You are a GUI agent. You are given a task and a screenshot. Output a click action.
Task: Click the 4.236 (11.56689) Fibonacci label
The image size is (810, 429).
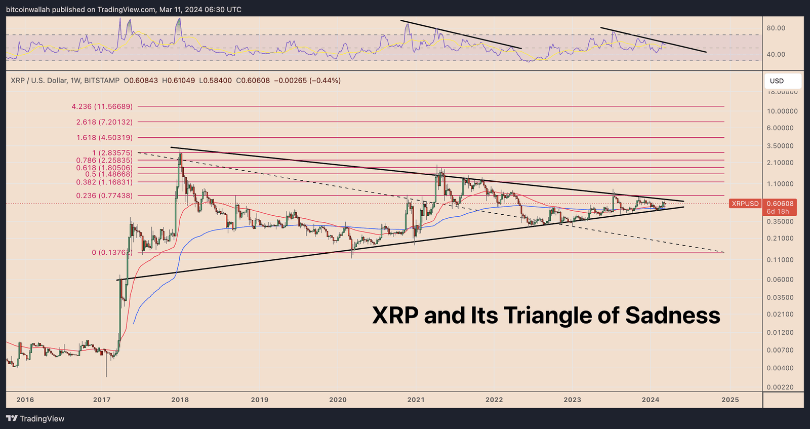click(102, 106)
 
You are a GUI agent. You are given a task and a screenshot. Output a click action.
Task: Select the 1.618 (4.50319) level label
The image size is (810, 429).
click(104, 137)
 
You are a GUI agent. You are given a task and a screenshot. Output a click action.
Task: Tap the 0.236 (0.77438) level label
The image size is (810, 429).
click(104, 195)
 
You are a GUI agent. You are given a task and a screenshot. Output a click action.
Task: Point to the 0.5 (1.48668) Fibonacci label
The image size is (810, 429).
click(108, 174)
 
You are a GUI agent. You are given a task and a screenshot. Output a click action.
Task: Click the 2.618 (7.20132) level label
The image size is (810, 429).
click(104, 122)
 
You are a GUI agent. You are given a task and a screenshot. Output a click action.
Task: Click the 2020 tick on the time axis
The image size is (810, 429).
click(338, 400)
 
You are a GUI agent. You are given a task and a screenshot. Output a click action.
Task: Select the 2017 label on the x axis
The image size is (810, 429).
click(102, 400)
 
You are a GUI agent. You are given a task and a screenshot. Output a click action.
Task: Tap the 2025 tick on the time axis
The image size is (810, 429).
click(730, 400)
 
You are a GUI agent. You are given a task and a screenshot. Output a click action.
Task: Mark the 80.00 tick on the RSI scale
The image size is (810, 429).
click(776, 28)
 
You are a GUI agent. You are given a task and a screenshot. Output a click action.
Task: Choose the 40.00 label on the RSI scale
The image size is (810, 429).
click(776, 54)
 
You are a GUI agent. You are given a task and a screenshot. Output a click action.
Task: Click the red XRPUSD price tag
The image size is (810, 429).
click(745, 204)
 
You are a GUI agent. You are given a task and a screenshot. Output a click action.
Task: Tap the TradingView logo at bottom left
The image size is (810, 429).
click(35, 418)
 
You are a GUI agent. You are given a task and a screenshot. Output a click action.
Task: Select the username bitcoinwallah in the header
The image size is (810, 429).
click(28, 10)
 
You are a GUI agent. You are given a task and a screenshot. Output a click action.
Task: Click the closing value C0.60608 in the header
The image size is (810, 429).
click(253, 81)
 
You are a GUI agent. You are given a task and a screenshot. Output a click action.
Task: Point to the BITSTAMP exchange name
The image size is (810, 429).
click(102, 81)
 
